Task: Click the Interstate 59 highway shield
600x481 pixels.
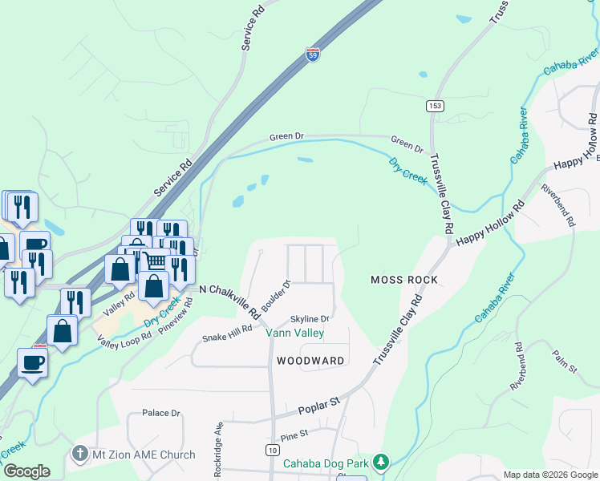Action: [x=313, y=55]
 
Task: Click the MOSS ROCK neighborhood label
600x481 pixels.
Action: [x=404, y=280]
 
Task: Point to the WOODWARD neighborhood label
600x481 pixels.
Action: [x=310, y=361]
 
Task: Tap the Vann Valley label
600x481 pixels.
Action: [x=295, y=333]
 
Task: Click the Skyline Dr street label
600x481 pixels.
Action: [x=310, y=318]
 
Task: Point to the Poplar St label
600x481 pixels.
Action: [x=320, y=403]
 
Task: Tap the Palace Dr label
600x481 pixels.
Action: [x=161, y=413]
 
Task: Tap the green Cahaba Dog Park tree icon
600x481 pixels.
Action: [x=382, y=463]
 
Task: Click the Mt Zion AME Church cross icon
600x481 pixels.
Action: [x=79, y=455]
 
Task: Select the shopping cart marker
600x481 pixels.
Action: [x=154, y=261]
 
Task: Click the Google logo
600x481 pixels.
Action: [x=26, y=471]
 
